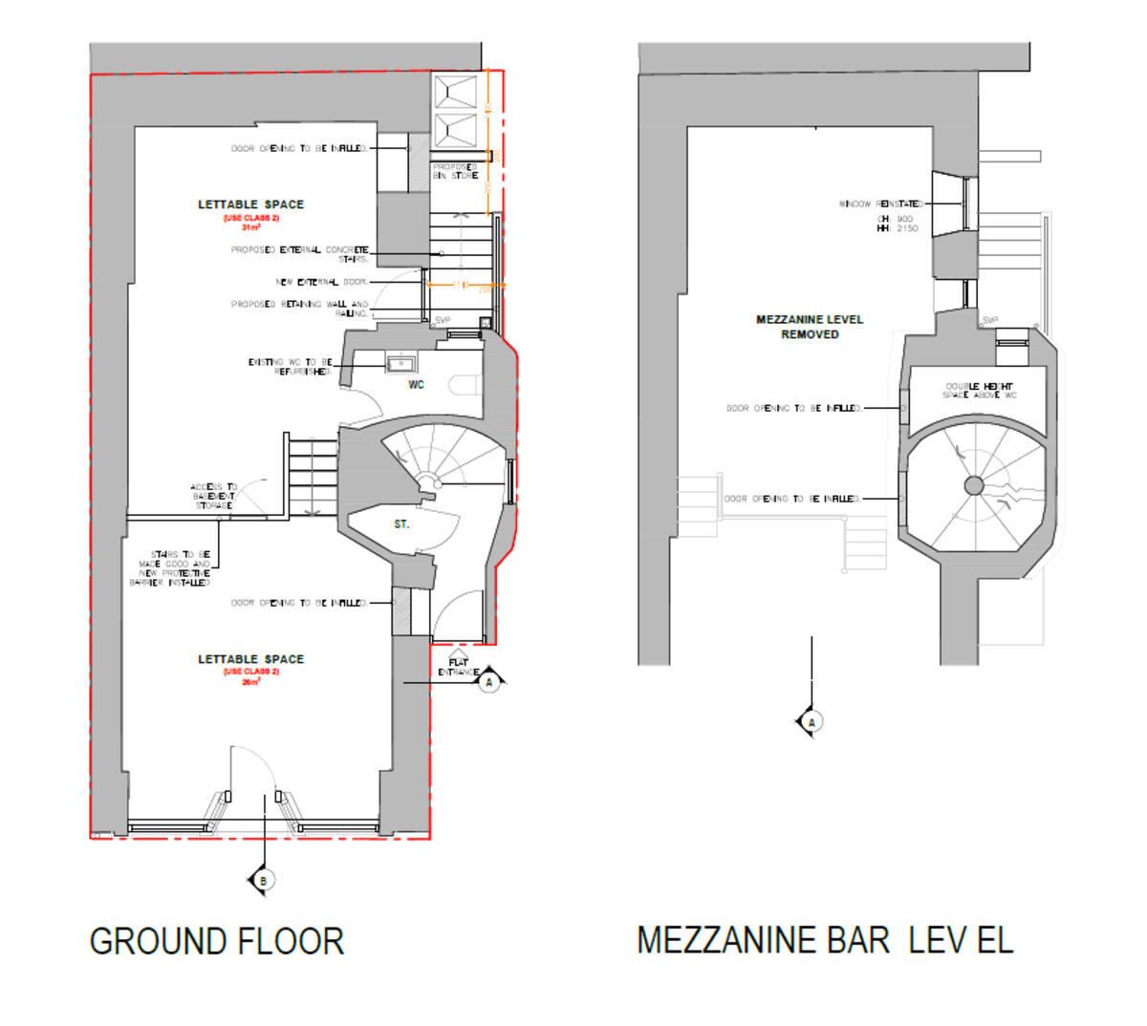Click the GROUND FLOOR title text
point(216,942)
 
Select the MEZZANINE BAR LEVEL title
point(824,940)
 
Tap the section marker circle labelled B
point(263,881)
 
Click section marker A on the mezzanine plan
point(812,722)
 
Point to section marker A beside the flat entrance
point(489,682)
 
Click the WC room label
point(416,385)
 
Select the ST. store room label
point(401,524)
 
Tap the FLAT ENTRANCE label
point(459,667)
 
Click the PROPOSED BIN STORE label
point(455,171)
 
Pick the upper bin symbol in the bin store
point(456,93)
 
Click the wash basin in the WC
point(400,362)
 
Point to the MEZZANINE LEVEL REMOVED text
point(810,327)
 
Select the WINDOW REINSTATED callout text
point(880,204)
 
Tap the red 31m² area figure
point(251,227)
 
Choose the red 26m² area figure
point(251,682)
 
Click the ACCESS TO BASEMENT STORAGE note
point(213,496)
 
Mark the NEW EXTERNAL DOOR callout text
point(321,282)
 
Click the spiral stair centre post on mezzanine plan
point(974,486)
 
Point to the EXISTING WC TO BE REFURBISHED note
point(290,367)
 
